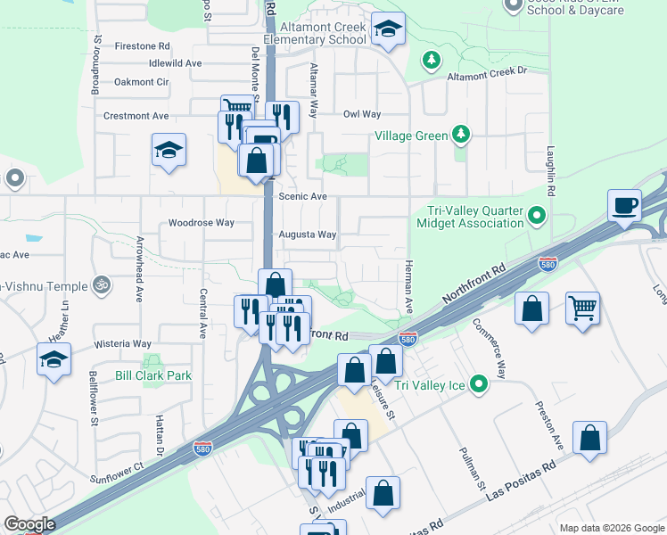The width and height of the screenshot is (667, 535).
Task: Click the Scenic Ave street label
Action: (303, 196)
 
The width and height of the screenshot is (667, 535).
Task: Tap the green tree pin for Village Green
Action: (461, 135)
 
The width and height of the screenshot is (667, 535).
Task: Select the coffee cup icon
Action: (625, 205)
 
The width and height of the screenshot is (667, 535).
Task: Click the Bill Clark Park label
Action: (153, 375)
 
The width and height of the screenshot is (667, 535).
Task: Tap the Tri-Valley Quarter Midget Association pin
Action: (536, 216)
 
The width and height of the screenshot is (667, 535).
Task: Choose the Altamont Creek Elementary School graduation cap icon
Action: (388, 31)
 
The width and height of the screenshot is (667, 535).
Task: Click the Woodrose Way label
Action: (202, 222)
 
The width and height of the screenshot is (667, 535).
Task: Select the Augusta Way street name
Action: (308, 235)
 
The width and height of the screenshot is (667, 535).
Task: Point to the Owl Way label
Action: (362, 114)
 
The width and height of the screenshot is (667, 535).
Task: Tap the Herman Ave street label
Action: (408, 285)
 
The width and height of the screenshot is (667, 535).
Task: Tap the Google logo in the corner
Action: (29, 524)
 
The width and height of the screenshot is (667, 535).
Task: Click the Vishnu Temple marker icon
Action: (102, 286)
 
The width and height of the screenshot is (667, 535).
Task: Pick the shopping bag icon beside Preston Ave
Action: (590, 439)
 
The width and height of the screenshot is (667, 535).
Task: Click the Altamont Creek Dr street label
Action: (487, 70)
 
